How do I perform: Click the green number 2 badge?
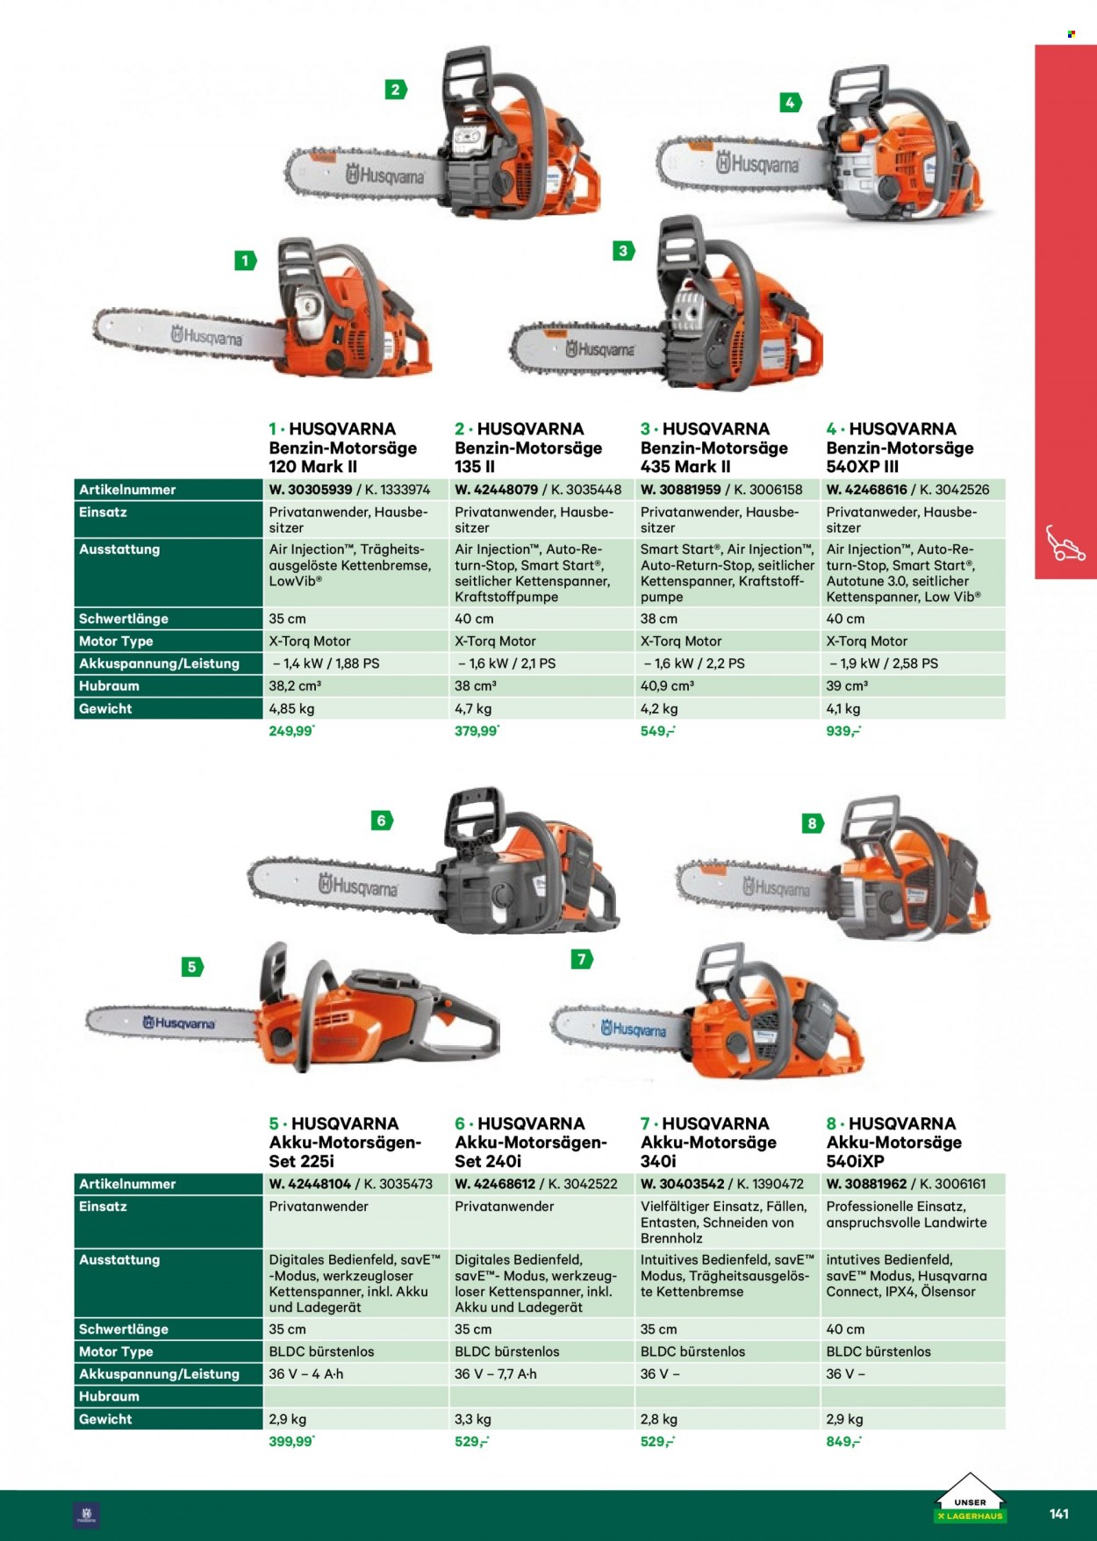tap(396, 90)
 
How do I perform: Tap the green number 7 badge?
tap(582, 959)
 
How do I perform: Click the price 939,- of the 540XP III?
tap(843, 731)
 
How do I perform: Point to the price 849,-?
tap(843, 1441)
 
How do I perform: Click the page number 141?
tap(1059, 1514)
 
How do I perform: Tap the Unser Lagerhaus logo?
tap(970, 1499)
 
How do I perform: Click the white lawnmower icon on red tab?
tap(1065, 543)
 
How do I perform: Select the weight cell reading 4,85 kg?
tap(291, 708)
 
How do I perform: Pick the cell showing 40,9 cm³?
tap(667, 685)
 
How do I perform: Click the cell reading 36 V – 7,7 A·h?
tap(496, 1373)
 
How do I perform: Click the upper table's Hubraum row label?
tap(109, 686)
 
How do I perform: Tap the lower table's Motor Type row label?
tap(116, 1351)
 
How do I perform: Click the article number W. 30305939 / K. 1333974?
tap(349, 490)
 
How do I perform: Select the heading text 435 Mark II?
tap(685, 467)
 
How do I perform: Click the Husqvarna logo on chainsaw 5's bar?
tap(180, 1023)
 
